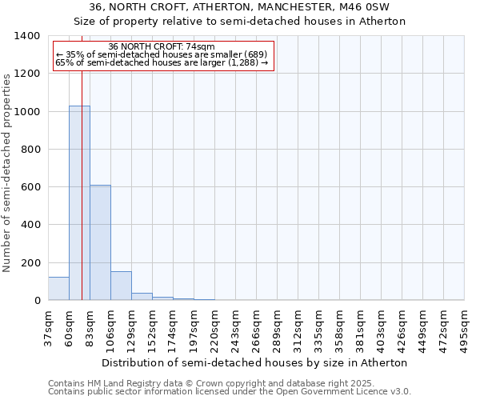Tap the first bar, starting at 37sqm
pos(58,288)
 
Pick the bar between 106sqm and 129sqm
pos(121,286)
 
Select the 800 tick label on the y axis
pos(30,150)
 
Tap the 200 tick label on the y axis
pos(30,263)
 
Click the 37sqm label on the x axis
pos(48,329)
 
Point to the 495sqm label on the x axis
pos(464,329)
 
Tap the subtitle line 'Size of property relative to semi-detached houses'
pos(240,22)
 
